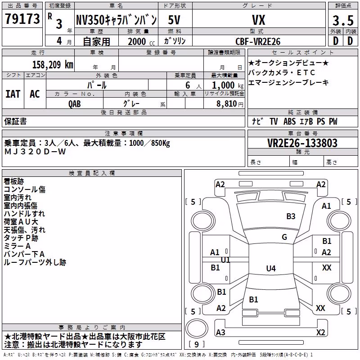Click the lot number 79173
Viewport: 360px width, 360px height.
pos(22,19)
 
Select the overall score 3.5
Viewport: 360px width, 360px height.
pos(343,21)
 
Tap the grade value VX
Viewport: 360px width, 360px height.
pos(258,20)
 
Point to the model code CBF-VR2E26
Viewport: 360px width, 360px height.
pos(258,41)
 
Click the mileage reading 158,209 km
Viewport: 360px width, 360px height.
pos(53,65)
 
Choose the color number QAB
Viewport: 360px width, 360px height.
pos(74,104)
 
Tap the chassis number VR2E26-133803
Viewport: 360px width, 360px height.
pos(302,143)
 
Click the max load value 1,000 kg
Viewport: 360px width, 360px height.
pos(227,85)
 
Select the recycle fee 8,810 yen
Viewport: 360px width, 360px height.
pos(229,104)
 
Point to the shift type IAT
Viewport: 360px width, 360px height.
pos(13,94)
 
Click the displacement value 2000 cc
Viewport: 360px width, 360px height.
pos(141,42)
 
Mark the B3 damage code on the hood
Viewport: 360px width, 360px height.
pos(291,216)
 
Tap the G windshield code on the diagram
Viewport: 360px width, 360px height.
pos(284,237)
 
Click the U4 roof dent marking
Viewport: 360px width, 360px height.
pos(271,268)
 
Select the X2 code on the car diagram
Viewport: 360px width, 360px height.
pos(320,333)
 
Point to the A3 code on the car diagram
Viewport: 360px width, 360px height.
pos(220,333)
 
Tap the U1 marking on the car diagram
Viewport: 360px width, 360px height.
pos(225,260)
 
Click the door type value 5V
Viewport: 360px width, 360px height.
pos(174,20)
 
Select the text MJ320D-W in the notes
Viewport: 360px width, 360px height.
pos(35,152)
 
